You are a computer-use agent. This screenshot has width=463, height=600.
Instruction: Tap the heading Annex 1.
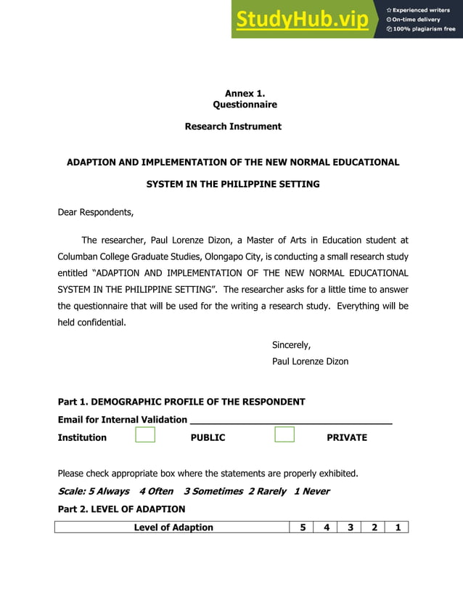tap(245, 94)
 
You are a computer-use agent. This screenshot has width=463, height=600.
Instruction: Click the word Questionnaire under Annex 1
tap(245, 105)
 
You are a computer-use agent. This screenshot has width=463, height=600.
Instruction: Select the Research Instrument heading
tap(233, 126)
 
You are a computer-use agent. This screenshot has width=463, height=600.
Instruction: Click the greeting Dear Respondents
tap(95, 213)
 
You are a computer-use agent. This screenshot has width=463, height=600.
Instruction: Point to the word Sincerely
tap(291, 345)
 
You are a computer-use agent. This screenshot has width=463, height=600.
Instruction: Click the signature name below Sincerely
tap(310, 361)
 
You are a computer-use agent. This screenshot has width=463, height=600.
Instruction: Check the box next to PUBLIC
tap(145, 435)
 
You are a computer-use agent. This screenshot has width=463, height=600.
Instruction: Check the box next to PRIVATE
tap(284, 435)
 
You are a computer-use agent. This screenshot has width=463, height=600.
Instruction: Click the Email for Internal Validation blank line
tap(290, 419)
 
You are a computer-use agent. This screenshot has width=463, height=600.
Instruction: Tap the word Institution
tap(82, 438)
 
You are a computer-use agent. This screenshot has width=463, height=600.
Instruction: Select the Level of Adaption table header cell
tap(173, 527)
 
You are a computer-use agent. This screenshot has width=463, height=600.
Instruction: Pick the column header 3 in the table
tap(350, 527)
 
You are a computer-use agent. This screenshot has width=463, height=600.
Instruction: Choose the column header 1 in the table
tap(397, 527)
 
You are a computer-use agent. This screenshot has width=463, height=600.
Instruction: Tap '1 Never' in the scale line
tap(311, 492)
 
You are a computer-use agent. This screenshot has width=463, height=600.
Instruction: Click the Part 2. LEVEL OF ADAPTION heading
tap(121, 509)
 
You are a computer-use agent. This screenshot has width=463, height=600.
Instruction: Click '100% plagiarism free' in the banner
tap(424, 29)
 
